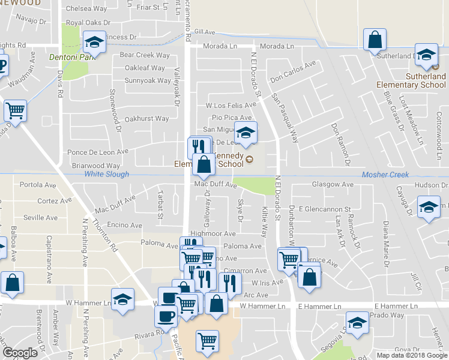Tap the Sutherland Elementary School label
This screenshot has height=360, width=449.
[411, 81]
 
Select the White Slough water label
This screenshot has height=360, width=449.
[106, 175]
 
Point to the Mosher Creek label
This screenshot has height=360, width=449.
[385, 175]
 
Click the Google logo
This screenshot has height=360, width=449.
[20, 353]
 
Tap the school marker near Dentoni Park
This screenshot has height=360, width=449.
[94, 41]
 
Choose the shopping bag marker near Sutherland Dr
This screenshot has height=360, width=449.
[375, 40]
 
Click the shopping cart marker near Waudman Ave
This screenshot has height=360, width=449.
[14, 110]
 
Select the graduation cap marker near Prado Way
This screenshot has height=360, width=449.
[357, 323]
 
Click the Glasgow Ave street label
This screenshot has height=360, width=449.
[331, 184]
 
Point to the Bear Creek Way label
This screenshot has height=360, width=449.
[145, 55]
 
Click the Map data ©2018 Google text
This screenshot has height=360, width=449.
[412, 355]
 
